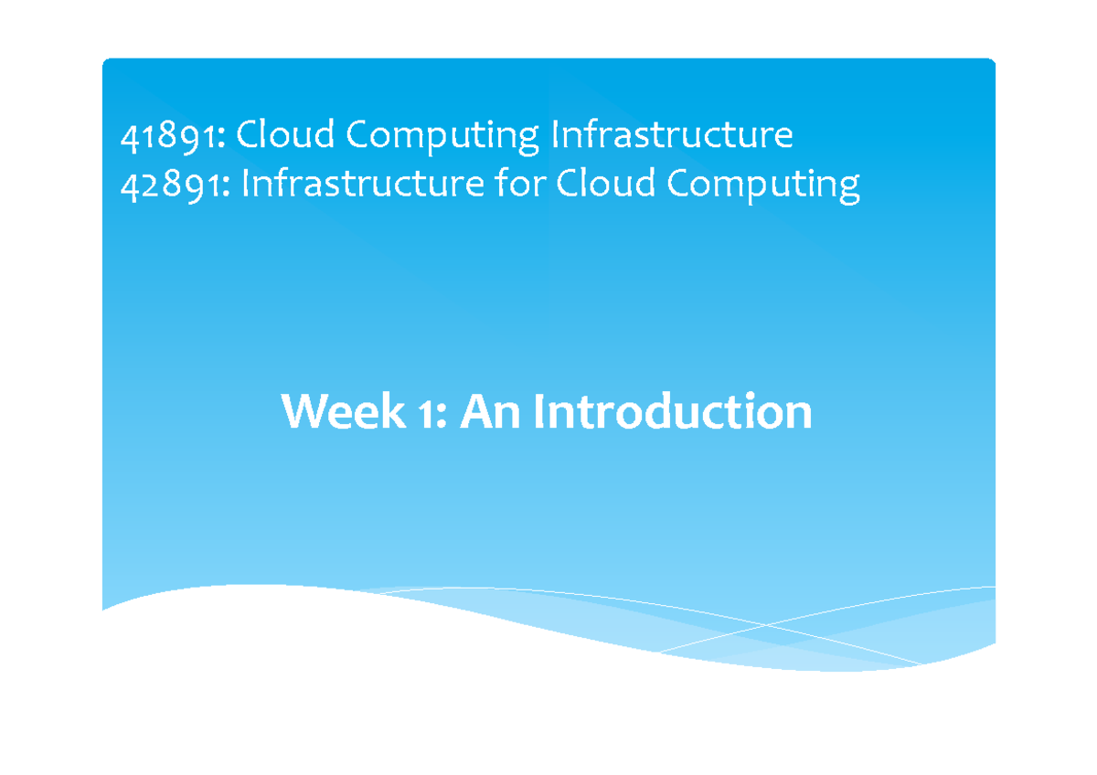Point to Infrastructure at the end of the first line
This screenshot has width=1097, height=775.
[x=671, y=136]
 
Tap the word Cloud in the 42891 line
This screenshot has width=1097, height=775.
[x=606, y=185]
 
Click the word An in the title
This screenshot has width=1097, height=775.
[x=490, y=412]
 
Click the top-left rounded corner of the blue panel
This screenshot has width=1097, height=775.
[x=107, y=63]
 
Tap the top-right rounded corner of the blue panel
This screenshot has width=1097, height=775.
[x=990, y=63]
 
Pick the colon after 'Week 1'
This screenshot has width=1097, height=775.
[x=442, y=417]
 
